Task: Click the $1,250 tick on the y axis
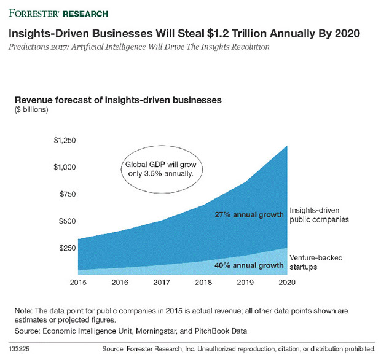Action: [x=64, y=141]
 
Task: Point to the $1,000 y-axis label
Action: [x=64, y=167]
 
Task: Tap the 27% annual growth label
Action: [x=249, y=215]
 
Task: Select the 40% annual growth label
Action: [x=249, y=265]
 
